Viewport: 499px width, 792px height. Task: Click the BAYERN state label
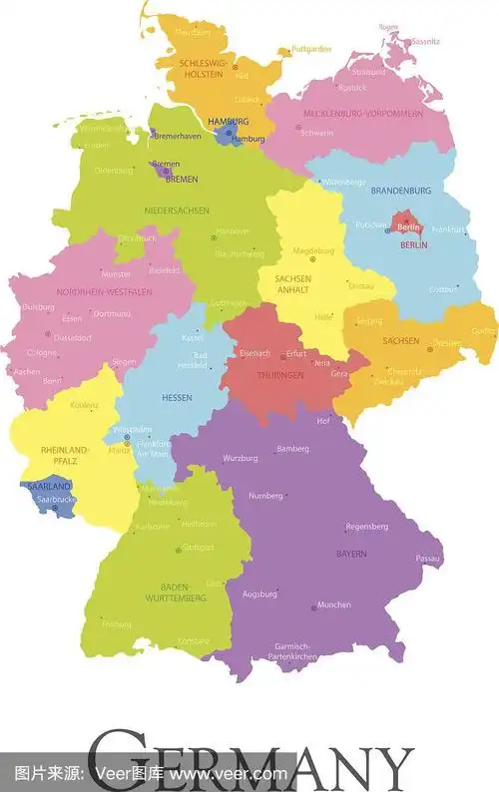click(x=350, y=554)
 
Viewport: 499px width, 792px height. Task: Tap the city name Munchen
click(x=333, y=605)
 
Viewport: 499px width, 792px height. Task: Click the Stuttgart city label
click(x=198, y=548)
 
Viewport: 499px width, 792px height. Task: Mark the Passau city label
click(x=428, y=559)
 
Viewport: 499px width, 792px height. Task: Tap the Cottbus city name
click(x=441, y=289)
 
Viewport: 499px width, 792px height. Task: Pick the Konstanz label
click(x=194, y=640)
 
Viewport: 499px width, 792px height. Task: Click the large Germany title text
click(x=249, y=763)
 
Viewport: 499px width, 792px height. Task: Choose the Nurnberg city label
click(x=265, y=496)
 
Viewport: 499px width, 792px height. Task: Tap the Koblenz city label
click(x=85, y=405)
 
